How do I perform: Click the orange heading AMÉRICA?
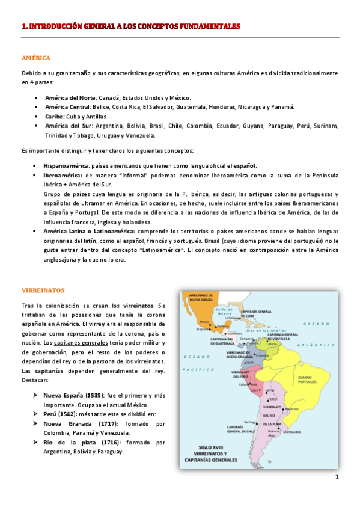tap(35, 58)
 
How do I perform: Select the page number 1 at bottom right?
tap(337, 477)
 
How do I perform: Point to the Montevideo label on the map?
tap(293, 432)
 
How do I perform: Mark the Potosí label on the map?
tap(272, 398)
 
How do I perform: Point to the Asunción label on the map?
tap(291, 408)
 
